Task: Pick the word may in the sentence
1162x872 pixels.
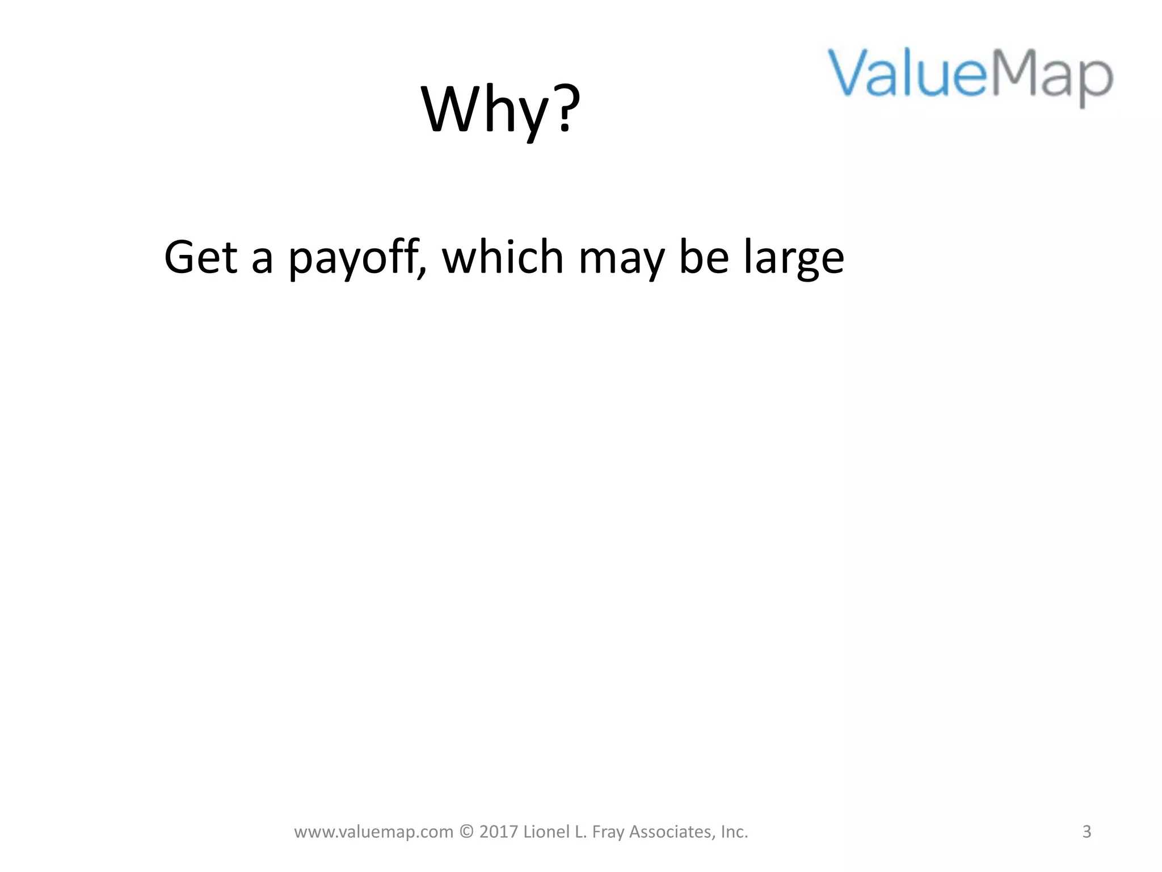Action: click(621, 258)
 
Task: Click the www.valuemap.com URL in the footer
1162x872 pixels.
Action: click(373, 832)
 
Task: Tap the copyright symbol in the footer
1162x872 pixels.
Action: click(466, 832)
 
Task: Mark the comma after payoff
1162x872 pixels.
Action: click(421, 271)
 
